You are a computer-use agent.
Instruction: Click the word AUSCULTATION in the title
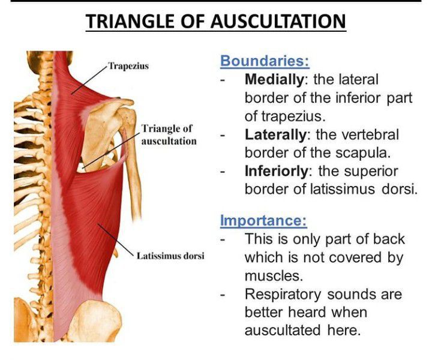[278, 22]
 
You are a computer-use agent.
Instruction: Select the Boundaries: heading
[265, 61]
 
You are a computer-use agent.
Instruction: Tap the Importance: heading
[263, 220]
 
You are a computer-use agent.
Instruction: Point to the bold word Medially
[274, 80]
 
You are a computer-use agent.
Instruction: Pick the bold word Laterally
[275, 135]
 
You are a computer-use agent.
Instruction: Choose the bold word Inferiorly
[277, 172]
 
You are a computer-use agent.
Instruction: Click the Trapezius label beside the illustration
[128, 66]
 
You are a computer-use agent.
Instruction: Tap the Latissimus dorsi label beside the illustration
[170, 256]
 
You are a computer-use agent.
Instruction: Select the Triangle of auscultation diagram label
[169, 134]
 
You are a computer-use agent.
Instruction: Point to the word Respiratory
[283, 295]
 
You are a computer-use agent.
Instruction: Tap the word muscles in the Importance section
[274, 276]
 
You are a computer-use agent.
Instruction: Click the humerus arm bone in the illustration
[132, 164]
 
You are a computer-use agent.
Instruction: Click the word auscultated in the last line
[283, 330]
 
